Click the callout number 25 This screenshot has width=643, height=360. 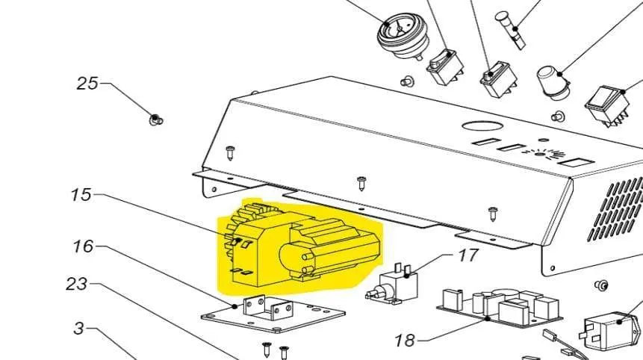tap(88, 83)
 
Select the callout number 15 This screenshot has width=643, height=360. tap(81, 194)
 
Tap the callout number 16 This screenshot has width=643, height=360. tap(83, 246)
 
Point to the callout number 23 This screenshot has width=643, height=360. tap(77, 284)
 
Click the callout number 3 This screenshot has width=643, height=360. tap(79, 328)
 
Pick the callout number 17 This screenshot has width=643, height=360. tap(468, 255)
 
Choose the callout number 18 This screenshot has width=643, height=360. tap(405, 340)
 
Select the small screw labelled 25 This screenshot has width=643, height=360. tap(156, 120)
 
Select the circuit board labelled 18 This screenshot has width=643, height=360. tap(500, 308)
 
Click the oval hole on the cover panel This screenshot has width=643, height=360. tap(482, 125)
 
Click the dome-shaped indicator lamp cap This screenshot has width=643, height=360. tap(553, 82)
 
